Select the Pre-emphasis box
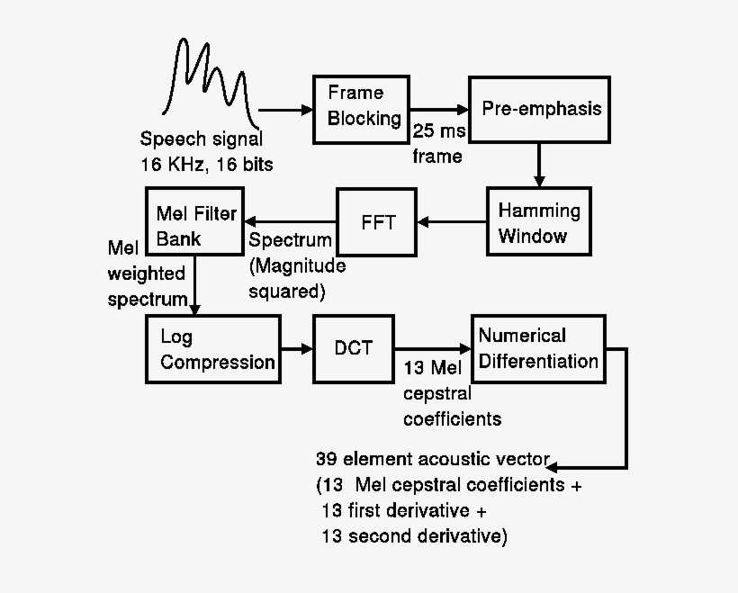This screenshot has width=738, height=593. (539, 109)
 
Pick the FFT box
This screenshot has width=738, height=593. (378, 221)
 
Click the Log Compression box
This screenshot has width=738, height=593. (212, 349)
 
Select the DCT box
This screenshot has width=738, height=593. (353, 349)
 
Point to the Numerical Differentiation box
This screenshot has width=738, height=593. (538, 349)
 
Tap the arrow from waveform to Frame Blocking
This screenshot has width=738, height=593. (285, 110)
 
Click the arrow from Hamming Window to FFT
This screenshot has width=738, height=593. (453, 221)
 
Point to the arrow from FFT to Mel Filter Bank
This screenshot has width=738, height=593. (288, 221)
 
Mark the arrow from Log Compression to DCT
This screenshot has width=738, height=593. (296, 349)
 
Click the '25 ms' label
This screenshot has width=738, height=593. (437, 131)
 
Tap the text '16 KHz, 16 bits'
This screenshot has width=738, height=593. (206, 166)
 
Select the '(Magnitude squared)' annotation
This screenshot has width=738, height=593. (297, 278)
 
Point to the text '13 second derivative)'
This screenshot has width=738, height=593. (414, 537)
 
